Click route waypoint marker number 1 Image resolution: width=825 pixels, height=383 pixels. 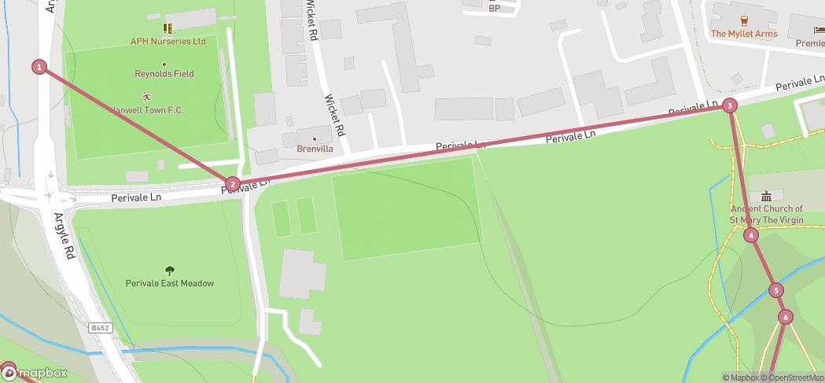(39, 67)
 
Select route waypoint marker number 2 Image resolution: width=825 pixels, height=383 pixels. (232, 185)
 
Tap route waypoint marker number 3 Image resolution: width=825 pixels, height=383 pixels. (730, 105)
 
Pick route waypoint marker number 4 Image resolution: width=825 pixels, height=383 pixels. (752, 235)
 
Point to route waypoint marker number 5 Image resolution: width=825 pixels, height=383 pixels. (776, 290)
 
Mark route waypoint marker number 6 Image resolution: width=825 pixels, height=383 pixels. (785, 317)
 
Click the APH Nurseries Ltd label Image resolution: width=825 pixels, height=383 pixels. (168, 41)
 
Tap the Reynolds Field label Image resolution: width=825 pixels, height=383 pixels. (164, 74)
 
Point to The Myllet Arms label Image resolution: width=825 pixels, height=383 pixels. (744, 34)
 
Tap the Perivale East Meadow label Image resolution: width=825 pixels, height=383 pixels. (170, 283)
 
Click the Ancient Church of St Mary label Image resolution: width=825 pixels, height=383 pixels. (767, 215)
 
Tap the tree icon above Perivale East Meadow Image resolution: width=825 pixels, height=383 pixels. (170, 270)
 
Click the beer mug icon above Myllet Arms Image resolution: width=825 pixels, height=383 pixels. (744, 20)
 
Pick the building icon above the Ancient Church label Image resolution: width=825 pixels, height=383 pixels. (767, 196)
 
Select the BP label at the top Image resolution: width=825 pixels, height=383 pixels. (494, 9)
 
